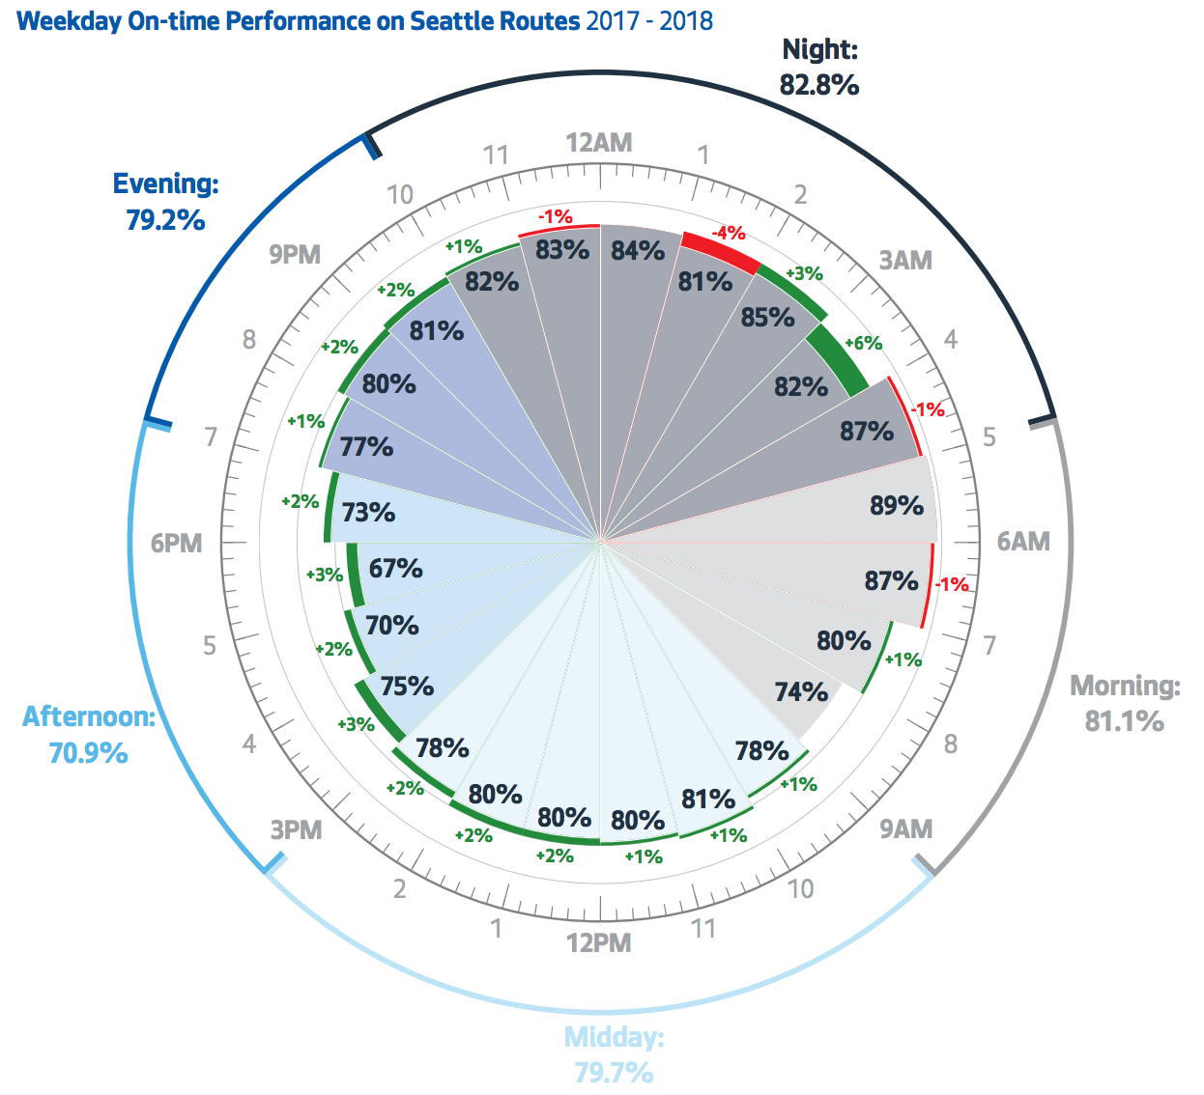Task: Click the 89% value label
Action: point(896,505)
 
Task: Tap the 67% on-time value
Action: point(395,568)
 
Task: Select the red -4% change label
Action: point(728,233)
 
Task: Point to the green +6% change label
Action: point(863,343)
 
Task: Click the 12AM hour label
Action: point(599,143)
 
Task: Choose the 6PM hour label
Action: point(177,543)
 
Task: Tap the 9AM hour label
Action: point(905,828)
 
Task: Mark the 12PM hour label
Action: point(599,942)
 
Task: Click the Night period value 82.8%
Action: point(819,85)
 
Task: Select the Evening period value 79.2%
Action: point(165,220)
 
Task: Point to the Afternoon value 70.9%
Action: point(88,752)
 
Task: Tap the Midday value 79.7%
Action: point(614,1073)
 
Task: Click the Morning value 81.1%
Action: point(1124,721)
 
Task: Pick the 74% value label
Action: point(801,692)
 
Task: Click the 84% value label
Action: point(638,251)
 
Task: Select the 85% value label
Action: point(767,317)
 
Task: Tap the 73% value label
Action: point(368,512)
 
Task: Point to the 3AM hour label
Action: point(905,260)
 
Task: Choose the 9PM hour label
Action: point(295,254)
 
